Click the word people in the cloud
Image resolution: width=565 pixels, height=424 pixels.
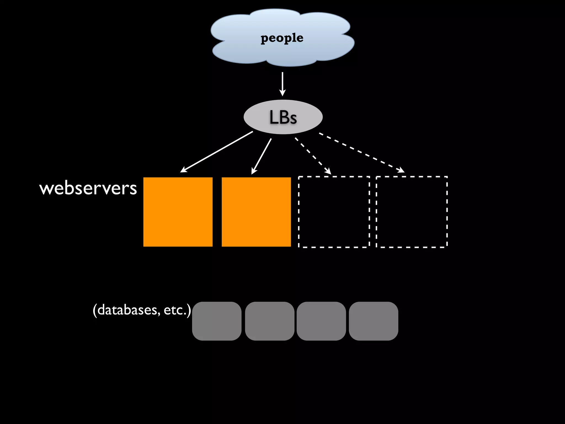coord(282,38)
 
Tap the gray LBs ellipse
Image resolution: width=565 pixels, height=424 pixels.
coord(283,117)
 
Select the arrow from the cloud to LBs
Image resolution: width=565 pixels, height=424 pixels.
coord(282,83)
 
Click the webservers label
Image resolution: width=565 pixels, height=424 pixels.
coord(88,188)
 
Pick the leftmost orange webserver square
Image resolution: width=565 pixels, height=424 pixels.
coord(178,212)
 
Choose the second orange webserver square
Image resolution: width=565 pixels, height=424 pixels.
coord(256,212)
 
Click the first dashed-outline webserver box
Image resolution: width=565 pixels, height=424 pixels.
coord(334,212)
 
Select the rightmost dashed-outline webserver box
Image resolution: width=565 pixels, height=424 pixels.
coord(412,212)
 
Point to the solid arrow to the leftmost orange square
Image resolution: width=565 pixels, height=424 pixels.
coord(217,152)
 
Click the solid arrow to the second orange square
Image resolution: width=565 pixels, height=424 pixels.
coord(262,156)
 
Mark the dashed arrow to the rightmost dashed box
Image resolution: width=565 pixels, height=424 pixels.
coord(361,153)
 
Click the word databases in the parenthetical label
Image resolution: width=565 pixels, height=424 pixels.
coord(128,310)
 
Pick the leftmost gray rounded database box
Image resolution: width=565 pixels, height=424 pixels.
coord(217,321)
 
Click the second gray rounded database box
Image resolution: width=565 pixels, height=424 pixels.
coord(270,321)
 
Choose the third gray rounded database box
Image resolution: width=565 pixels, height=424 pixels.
coord(321,321)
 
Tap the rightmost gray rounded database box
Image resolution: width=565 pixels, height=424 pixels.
coord(373,321)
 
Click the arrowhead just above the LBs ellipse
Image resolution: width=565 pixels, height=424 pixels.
coord(282,93)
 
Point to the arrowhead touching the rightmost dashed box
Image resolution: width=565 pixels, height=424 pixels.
coord(402,170)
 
